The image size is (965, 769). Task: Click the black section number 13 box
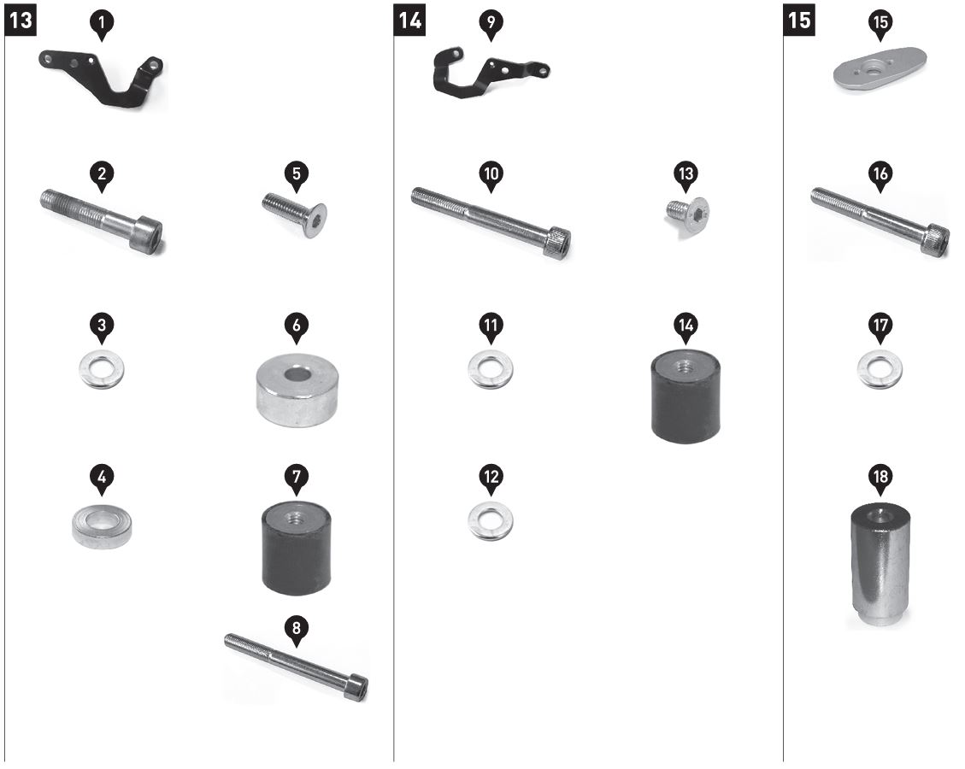[x=21, y=21]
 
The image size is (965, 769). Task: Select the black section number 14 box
[x=409, y=21]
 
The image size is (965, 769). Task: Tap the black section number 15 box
[x=799, y=21]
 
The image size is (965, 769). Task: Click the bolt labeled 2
[x=102, y=220]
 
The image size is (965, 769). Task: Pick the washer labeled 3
[x=102, y=369]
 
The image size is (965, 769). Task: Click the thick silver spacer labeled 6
[x=297, y=390]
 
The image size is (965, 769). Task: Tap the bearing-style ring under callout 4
[x=102, y=525]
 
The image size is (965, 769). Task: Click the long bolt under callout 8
[x=296, y=666]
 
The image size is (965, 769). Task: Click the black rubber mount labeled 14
[x=686, y=395]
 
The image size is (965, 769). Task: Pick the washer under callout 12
[x=491, y=520]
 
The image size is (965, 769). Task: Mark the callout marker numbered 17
[x=880, y=328]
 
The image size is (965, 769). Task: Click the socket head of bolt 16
[x=935, y=240]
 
